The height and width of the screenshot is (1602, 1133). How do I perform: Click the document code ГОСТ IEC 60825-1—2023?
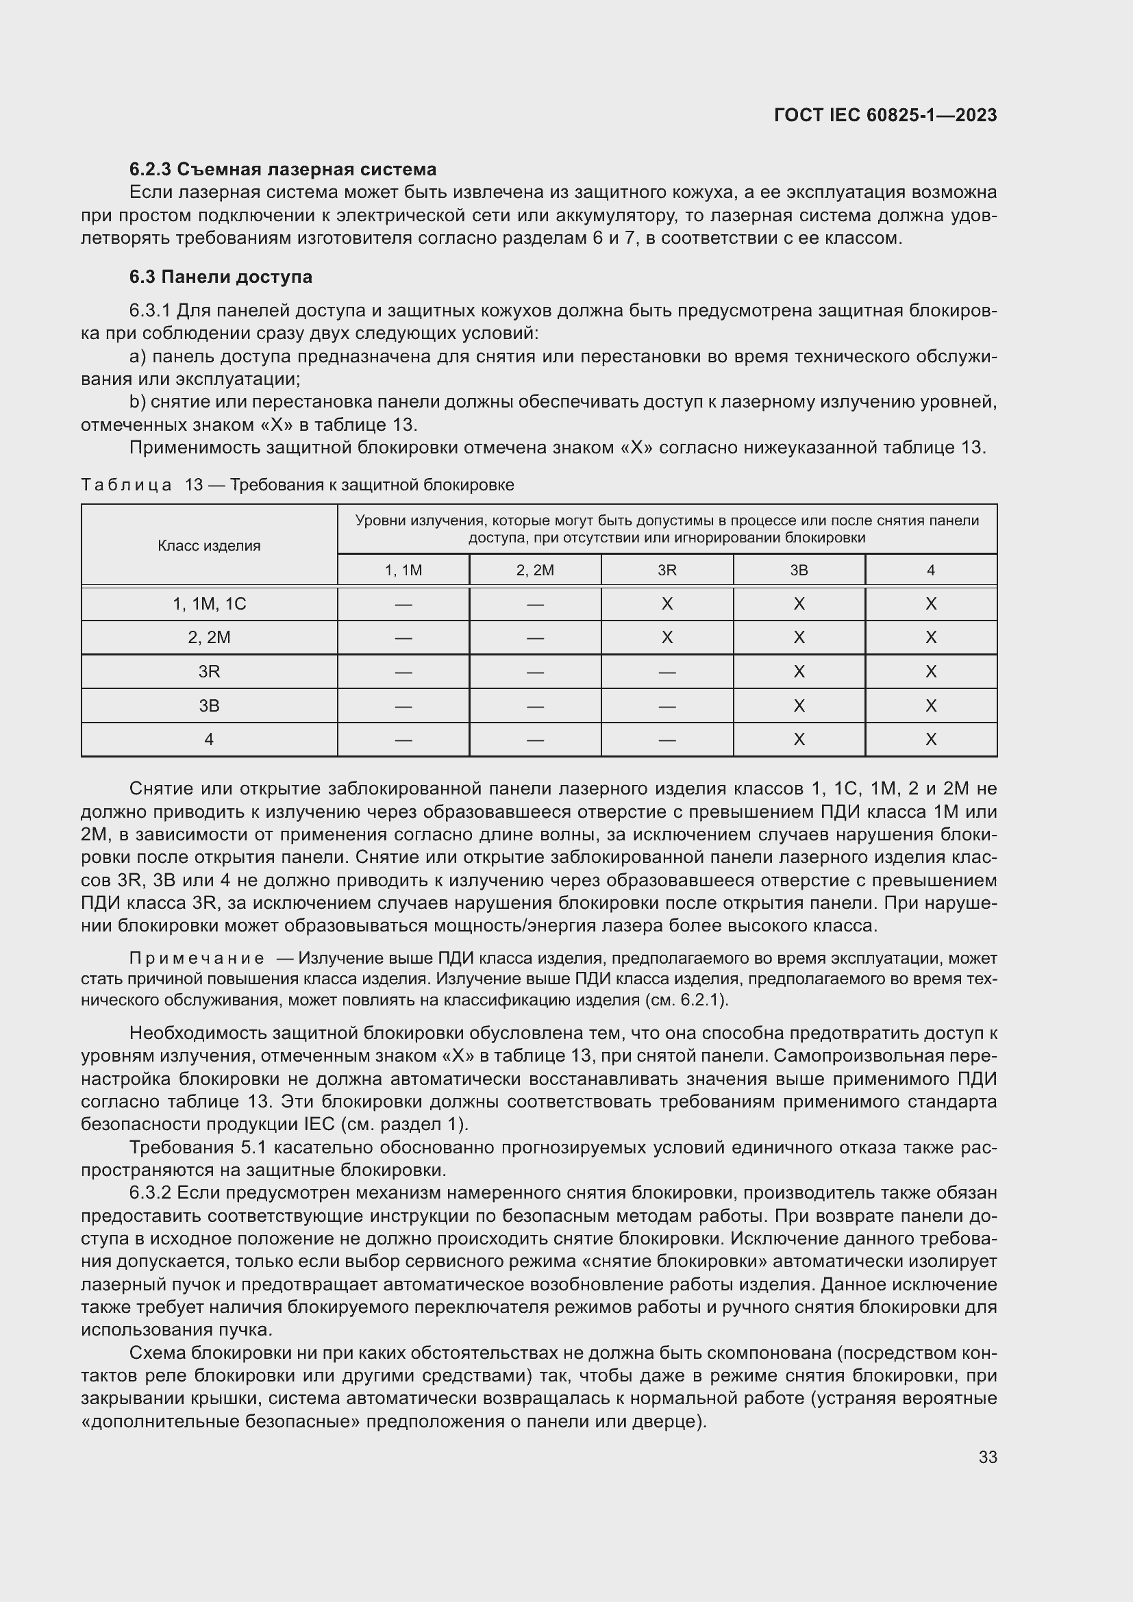tap(884, 115)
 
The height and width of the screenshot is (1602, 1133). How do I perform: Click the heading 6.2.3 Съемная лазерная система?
tap(282, 170)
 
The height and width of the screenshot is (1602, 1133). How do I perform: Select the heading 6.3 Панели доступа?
tap(221, 277)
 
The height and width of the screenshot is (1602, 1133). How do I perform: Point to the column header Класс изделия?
tap(209, 546)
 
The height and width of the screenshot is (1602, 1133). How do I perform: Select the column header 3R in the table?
tap(667, 570)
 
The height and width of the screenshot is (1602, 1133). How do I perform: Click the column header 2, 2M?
tap(534, 570)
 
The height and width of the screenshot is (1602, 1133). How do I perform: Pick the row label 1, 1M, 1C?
tap(209, 604)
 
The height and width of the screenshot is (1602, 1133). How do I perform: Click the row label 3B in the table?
tap(209, 706)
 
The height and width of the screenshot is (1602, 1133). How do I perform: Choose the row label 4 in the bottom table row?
tap(209, 740)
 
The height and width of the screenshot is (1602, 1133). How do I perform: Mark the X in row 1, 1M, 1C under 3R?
tap(667, 604)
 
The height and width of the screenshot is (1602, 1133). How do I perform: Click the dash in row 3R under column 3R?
tap(667, 672)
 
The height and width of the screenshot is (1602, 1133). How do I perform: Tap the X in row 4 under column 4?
tap(930, 740)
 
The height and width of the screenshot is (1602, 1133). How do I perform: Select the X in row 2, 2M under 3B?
tap(799, 638)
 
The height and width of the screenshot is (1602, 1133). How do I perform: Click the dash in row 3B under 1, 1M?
tap(403, 706)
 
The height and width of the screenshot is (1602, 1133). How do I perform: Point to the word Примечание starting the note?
tap(196, 959)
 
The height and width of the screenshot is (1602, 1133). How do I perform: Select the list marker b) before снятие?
tap(137, 402)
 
